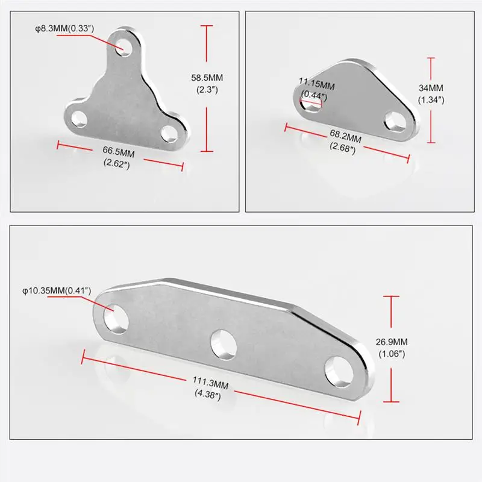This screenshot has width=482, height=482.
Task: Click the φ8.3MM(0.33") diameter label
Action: [x=64, y=28]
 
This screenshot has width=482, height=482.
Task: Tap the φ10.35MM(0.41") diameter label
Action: [x=57, y=290]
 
